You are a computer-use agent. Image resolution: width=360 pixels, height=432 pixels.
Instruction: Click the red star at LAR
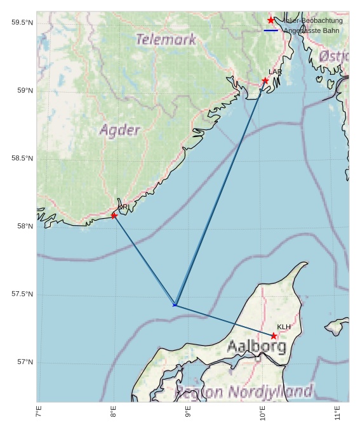click(x=265, y=81)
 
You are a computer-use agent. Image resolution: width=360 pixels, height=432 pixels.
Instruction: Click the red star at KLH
click(x=274, y=336)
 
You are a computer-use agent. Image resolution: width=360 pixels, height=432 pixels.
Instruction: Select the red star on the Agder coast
click(x=114, y=216)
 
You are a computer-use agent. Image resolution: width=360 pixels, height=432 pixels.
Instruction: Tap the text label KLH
click(x=284, y=327)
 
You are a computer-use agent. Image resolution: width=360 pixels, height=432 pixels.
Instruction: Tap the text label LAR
click(x=275, y=72)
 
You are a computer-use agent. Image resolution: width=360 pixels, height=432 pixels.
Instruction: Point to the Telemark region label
click(x=166, y=39)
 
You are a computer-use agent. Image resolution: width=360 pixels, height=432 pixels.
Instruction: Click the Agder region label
click(x=120, y=131)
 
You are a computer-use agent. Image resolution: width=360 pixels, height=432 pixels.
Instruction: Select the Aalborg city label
click(x=257, y=346)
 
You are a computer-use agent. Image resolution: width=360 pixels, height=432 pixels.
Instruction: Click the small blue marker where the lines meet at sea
click(x=175, y=305)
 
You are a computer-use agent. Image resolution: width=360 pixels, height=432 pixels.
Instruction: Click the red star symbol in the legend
click(x=271, y=20)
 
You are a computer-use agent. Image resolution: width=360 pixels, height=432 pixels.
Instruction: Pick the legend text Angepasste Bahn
click(x=312, y=30)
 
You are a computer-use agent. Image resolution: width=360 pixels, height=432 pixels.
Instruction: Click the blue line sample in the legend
click(x=271, y=30)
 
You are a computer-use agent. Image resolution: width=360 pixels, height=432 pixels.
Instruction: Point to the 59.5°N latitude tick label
click(x=22, y=23)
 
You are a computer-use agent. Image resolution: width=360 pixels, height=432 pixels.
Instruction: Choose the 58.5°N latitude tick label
click(x=22, y=159)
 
